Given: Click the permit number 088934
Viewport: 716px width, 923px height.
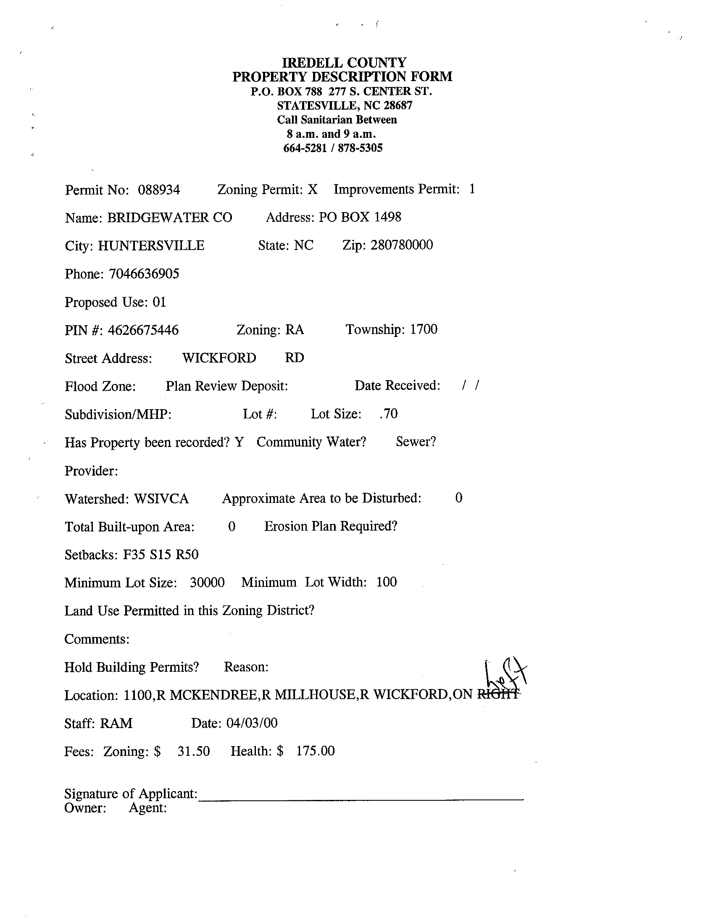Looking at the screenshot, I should [x=159, y=190].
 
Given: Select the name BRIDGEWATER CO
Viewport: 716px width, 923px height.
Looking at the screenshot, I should [x=169, y=218].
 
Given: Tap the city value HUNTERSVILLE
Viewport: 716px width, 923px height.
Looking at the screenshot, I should [x=151, y=245].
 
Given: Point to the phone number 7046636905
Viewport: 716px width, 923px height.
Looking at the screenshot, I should [x=144, y=274].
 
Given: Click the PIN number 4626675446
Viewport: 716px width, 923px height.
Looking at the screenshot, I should [x=143, y=330].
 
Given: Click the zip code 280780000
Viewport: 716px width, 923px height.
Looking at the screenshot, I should [x=402, y=245].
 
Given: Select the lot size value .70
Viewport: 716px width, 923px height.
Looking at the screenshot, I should [x=388, y=414].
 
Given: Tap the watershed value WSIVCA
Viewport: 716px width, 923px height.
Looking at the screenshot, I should [x=161, y=499].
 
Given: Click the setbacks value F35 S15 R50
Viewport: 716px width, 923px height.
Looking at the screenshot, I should [x=161, y=555].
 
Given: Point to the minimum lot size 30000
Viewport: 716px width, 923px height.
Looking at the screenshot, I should [x=207, y=583].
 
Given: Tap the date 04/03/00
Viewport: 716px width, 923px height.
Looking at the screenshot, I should [x=252, y=723].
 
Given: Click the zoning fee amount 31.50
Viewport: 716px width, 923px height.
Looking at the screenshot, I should [x=194, y=751].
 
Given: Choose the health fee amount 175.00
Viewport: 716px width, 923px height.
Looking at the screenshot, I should [x=315, y=751].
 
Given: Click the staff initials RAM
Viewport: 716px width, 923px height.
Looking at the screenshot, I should [x=116, y=723].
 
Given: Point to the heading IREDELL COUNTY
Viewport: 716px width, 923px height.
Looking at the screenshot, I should [x=344, y=63].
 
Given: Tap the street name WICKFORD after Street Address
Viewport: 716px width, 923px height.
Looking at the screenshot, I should [x=219, y=358].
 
